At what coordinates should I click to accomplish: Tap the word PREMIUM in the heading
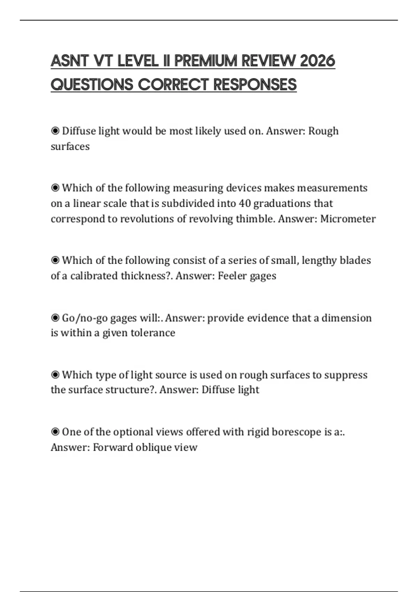pyautogui.click(x=206, y=61)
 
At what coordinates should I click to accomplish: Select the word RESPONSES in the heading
pyautogui.click(x=255, y=85)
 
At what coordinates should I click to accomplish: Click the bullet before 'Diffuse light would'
pyautogui.click(x=55, y=131)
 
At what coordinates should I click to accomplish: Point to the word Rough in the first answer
pyautogui.click(x=323, y=131)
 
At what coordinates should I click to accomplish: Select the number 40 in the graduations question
pyautogui.click(x=245, y=203)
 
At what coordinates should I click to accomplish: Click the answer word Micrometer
pyautogui.click(x=348, y=219)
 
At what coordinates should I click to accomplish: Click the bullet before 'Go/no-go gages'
pyautogui.click(x=55, y=318)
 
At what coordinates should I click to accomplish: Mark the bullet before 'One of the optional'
pyautogui.click(x=55, y=432)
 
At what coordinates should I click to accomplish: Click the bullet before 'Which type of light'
pyautogui.click(x=55, y=375)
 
